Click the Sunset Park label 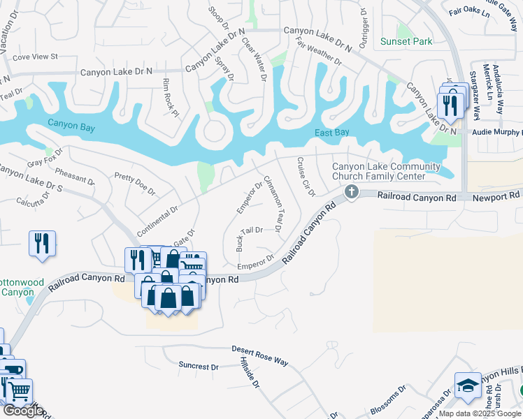406,41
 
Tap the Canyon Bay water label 71,124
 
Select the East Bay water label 332,133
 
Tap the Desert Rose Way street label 259,355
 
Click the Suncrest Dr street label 199,366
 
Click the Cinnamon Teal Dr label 272,203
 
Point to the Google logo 23,411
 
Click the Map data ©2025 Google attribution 480,413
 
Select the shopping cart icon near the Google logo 19,392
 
